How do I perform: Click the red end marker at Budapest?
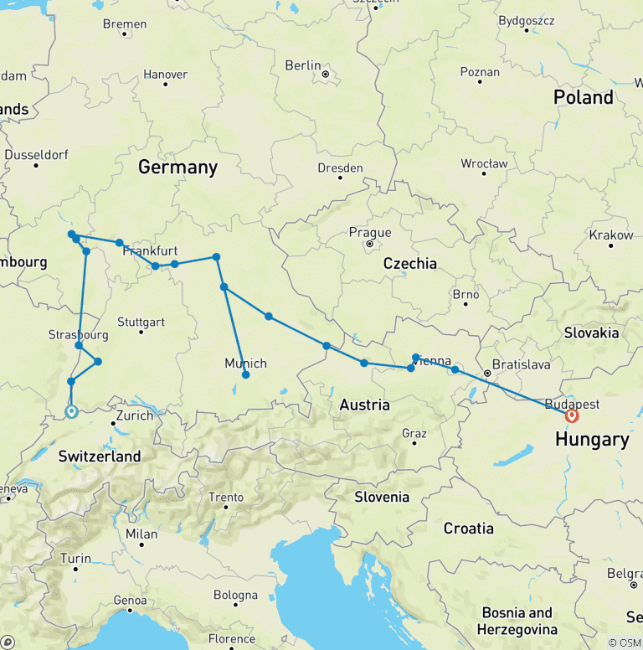tap(572, 415)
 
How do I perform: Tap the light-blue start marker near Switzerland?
tap(71, 411)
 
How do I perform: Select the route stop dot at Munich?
tap(245, 374)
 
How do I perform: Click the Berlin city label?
tap(303, 65)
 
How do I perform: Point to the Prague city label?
tap(370, 233)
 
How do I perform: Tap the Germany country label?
tap(177, 167)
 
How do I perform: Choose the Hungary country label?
tap(592, 439)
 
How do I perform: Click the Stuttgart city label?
tap(141, 322)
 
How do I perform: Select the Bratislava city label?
tap(522, 365)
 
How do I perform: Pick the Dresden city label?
tap(340, 168)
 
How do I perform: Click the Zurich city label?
tap(135, 415)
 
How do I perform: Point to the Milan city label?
tap(141, 534)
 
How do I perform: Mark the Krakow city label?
tap(611, 235)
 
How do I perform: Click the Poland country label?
tap(584, 97)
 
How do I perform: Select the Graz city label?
tap(414, 433)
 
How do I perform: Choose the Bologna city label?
tap(235, 596)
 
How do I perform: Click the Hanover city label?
tap(165, 74)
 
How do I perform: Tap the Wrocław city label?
tap(484, 163)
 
